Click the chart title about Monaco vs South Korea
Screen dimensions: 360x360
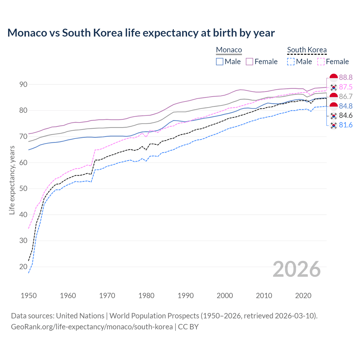pyautogui.click(x=141, y=33)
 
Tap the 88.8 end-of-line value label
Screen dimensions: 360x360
pyautogui.click(x=346, y=78)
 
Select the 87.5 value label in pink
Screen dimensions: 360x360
pyautogui.click(x=346, y=87)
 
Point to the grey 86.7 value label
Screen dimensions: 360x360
pyautogui.click(x=346, y=96)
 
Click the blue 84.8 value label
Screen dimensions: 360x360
pyautogui.click(x=346, y=106)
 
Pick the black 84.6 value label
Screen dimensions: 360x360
pyautogui.click(x=346, y=115)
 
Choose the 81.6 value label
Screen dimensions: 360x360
pyautogui.click(x=346, y=125)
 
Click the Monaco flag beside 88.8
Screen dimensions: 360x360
pyautogui.click(x=334, y=78)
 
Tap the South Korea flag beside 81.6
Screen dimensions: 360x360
pyautogui.click(x=334, y=125)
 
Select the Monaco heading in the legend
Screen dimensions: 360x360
pyautogui.click(x=229, y=50)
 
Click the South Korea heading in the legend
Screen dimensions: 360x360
pyautogui.click(x=307, y=50)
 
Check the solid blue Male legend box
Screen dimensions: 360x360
pyautogui.click(x=220, y=62)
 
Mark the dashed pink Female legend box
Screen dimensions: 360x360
pyautogui.click(x=321, y=62)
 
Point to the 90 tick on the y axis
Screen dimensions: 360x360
pyautogui.click(x=23, y=84)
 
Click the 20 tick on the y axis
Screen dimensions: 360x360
pyautogui.click(x=23, y=267)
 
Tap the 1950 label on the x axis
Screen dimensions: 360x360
pyautogui.click(x=29, y=296)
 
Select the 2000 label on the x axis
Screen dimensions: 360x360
pyautogui.click(x=225, y=296)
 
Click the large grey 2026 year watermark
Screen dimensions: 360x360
pyautogui.click(x=297, y=269)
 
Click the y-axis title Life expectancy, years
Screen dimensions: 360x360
pyautogui.click(x=12, y=180)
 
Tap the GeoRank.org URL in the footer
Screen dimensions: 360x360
pyautogui.click(x=92, y=327)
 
